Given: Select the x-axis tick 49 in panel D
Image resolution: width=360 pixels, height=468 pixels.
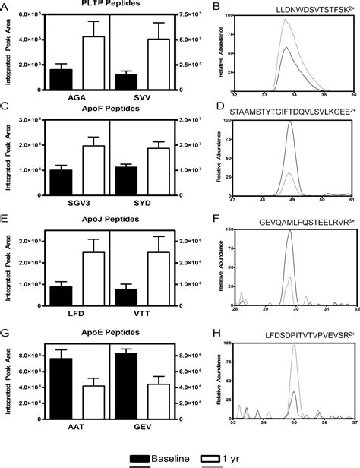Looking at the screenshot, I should click(290, 204).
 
